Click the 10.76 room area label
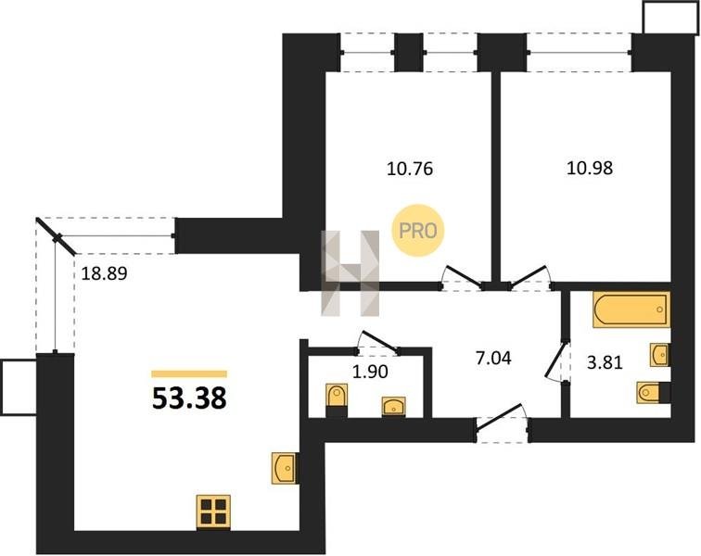(410, 169)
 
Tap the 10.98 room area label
(589, 168)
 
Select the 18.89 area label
(104, 273)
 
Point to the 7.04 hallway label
(493, 358)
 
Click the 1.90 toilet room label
(370, 372)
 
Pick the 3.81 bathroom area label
(605, 362)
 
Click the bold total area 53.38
(189, 398)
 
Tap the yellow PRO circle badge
(417, 231)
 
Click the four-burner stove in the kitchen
(213, 512)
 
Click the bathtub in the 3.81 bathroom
(631, 310)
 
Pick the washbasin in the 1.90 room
(394, 406)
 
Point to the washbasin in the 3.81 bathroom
(660, 355)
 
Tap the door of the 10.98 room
(529, 276)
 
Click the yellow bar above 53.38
(189, 374)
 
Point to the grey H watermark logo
(350, 273)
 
